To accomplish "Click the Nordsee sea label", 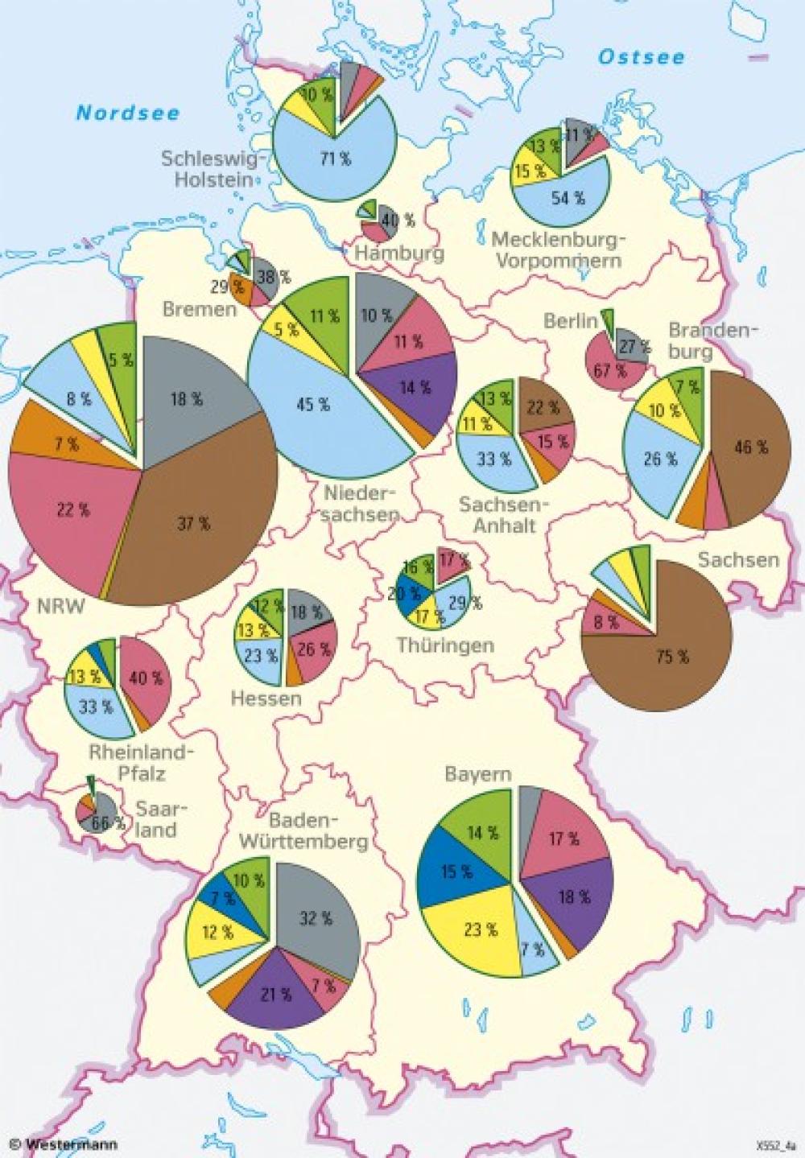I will [x=127, y=113].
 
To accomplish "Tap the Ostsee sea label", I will [x=641, y=57].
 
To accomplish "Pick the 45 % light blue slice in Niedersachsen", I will [x=314, y=405].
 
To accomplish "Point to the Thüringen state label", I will [x=444, y=645].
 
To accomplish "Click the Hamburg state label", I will [x=399, y=253].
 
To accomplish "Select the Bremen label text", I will [x=200, y=309].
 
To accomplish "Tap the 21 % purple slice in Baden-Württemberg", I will [x=275, y=995].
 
